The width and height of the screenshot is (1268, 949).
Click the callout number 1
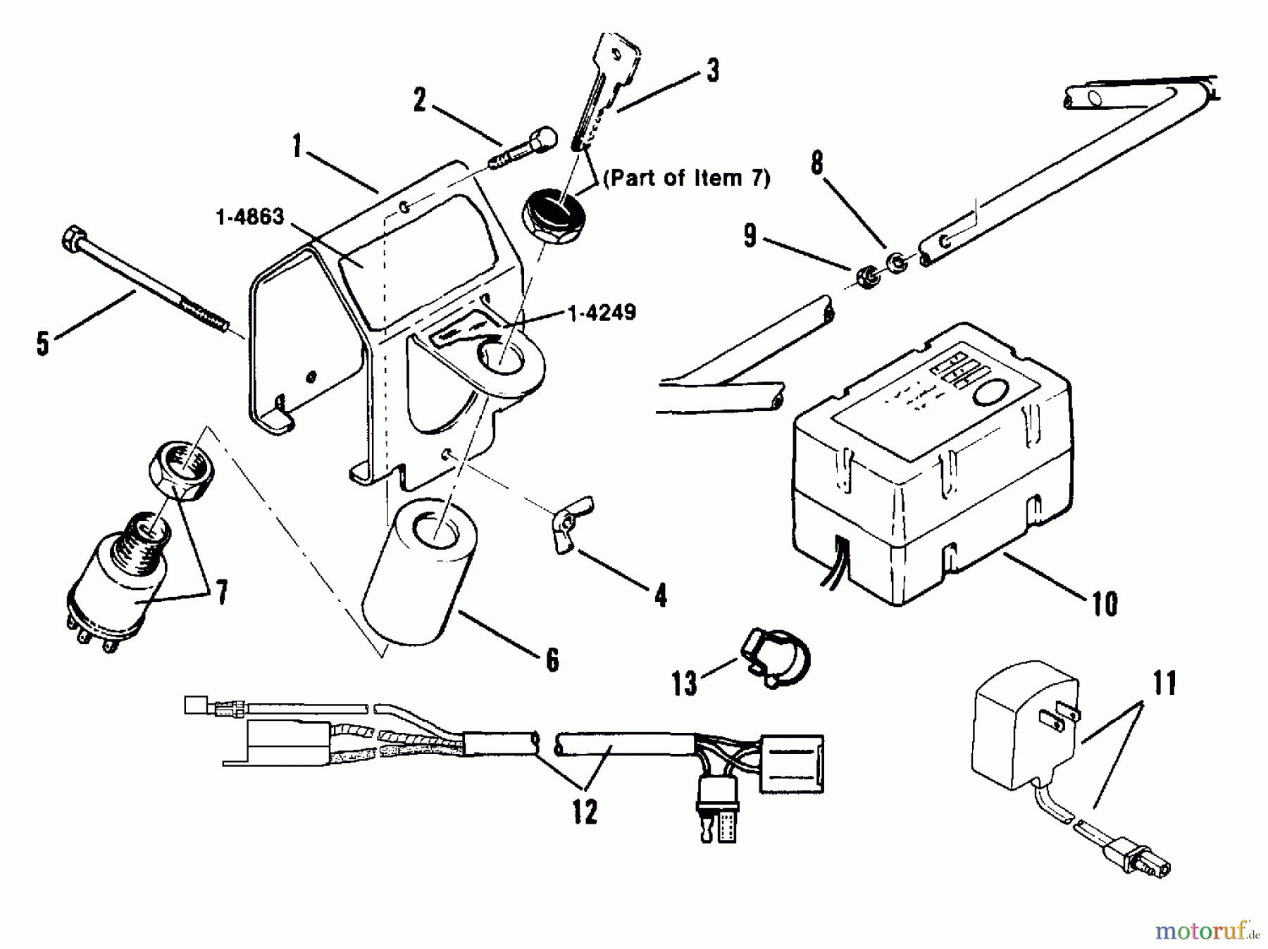point(298,148)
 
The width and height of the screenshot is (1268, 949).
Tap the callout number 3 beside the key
point(712,70)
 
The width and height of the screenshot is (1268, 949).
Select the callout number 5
point(43,344)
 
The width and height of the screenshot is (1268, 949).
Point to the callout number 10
point(1104,603)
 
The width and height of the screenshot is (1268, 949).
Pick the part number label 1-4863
point(250,217)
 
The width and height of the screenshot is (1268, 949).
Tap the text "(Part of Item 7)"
point(685,177)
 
